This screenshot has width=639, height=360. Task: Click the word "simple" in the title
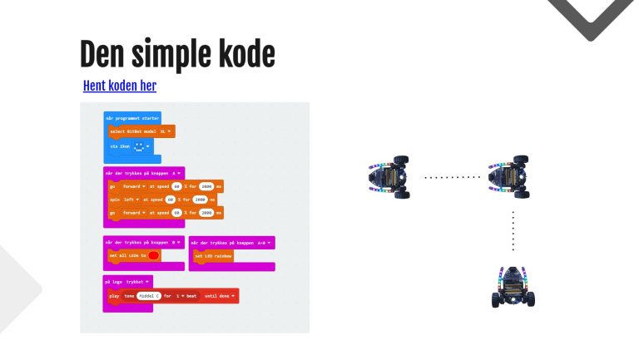pyautogui.click(x=171, y=55)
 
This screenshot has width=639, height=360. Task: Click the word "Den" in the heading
pyautogui.click(x=102, y=55)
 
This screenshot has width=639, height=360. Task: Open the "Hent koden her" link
pyautogui.click(x=120, y=86)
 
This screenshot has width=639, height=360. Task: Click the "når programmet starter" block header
pyautogui.click(x=131, y=118)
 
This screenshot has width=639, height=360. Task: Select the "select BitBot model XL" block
pyautogui.click(x=141, y=131)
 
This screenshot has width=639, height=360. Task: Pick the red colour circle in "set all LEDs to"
pyautogui.click(x=154, y=255)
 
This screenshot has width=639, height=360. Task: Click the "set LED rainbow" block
pyautogui.click(x=213, y=256)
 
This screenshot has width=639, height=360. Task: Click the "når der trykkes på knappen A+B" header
pyautogui.click(x=231, y=242)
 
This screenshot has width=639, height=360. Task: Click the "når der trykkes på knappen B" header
pyautogui.click(x=143, y=242)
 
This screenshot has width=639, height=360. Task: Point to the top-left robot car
pyautogui.click(x=389, y=175)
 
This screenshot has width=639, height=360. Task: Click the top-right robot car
pyautogui.click(x=509, y=175)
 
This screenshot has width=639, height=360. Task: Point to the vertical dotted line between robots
pyautogui.click(x=513, y=230)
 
